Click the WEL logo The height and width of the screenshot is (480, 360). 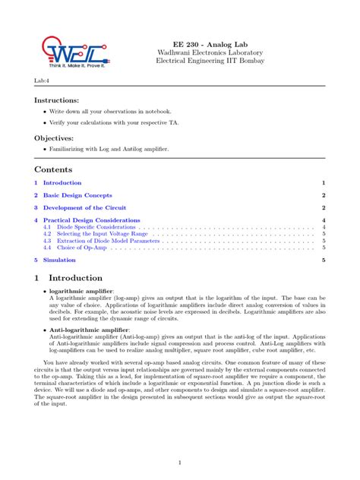point(67,50)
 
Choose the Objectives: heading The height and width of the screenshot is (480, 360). point(55,138)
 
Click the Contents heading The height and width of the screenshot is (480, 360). point(53,169)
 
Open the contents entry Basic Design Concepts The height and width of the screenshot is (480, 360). point(77,195)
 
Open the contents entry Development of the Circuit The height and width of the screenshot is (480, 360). point(83,207)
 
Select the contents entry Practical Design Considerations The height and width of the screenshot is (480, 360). point(91,220)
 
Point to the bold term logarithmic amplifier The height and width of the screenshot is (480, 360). point(81,291)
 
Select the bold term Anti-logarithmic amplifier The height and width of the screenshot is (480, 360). point(90,330)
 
